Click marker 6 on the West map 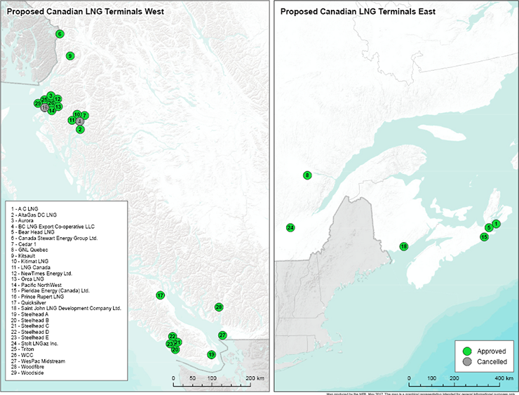click(60, 34)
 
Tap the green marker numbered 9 click(69, 55)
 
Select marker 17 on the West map click(160, 295)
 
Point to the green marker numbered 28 click(219, 307)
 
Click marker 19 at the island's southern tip click(211, 355)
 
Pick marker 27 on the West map click(222, 335)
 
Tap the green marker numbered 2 click(80, 129)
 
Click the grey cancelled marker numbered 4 click(80, 121)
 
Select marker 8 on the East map click(306, 175)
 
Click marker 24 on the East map click(290, 227)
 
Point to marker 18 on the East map click(403, 246)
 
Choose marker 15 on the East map click(484, 237)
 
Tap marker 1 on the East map click(496, 224)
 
